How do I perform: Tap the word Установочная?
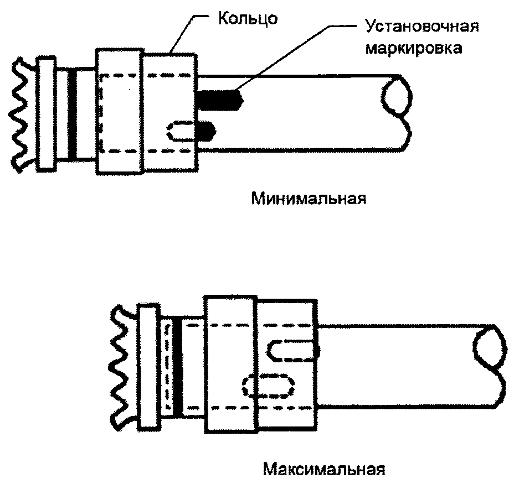pyautogui.click(x=420, y=27)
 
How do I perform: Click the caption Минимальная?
pyautogui.click(x=309, y=198)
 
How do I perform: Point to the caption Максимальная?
pyautogui.click(x=323, y=470)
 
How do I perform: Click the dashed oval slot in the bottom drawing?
pyautogui.click(x=268, y=386)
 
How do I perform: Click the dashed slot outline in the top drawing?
pyautogui.click(x=181, y=130)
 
